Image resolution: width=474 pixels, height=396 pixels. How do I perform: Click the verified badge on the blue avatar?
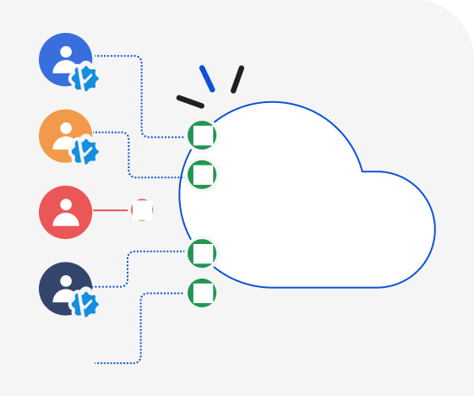coord(84,79)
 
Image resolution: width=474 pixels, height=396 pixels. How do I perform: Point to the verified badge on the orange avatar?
coord(84,152)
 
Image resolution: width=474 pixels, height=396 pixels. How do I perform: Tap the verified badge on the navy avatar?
coord(84,303)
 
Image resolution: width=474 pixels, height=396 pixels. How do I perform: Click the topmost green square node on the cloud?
coord(202,135)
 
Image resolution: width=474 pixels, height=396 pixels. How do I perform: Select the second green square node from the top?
coord(202,175)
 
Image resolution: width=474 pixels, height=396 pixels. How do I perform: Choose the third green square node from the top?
coord(202,253)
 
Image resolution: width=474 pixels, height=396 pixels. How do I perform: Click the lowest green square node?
coord(202,293)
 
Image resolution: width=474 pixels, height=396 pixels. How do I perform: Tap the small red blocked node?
coord(142,210)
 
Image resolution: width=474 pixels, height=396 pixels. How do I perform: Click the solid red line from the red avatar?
coord(111,210)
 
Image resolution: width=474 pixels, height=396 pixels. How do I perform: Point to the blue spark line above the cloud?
coord(207,79)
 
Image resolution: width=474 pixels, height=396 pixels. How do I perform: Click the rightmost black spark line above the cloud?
coord(237,79)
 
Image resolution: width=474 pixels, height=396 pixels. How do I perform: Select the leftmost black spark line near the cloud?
coord(190,102)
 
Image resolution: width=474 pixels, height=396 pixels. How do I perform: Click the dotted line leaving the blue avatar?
coord(140,93)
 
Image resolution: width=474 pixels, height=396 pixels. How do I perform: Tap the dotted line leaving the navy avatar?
coord(128,269)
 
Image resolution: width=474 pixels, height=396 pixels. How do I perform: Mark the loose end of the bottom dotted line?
coord(96,363)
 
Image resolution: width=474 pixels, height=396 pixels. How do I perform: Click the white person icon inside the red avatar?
coord(66,214)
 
